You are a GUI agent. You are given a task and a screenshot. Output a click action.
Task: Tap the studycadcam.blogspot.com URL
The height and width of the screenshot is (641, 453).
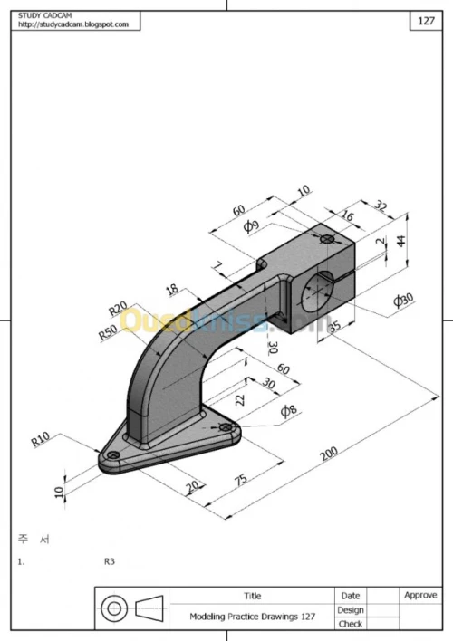[72, 24]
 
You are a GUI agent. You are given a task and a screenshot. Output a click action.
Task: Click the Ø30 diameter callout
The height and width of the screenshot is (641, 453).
[402, 301]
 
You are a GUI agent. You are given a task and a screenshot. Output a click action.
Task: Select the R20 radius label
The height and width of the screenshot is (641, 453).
[120, 310]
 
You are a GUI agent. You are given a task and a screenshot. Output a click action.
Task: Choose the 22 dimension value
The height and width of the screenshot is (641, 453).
[239, 397]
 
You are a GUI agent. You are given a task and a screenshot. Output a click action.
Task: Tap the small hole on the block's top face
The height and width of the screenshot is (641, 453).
[351, 239]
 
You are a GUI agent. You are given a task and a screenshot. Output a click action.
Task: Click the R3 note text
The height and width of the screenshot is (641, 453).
[110, 561]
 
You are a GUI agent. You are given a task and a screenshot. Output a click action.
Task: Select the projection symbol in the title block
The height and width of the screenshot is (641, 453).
[132, 608]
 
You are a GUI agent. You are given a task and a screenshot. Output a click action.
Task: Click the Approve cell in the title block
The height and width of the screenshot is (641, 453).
[420, 595]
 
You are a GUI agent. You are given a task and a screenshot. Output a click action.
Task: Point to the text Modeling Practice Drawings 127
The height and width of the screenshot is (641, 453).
[253, 616]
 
